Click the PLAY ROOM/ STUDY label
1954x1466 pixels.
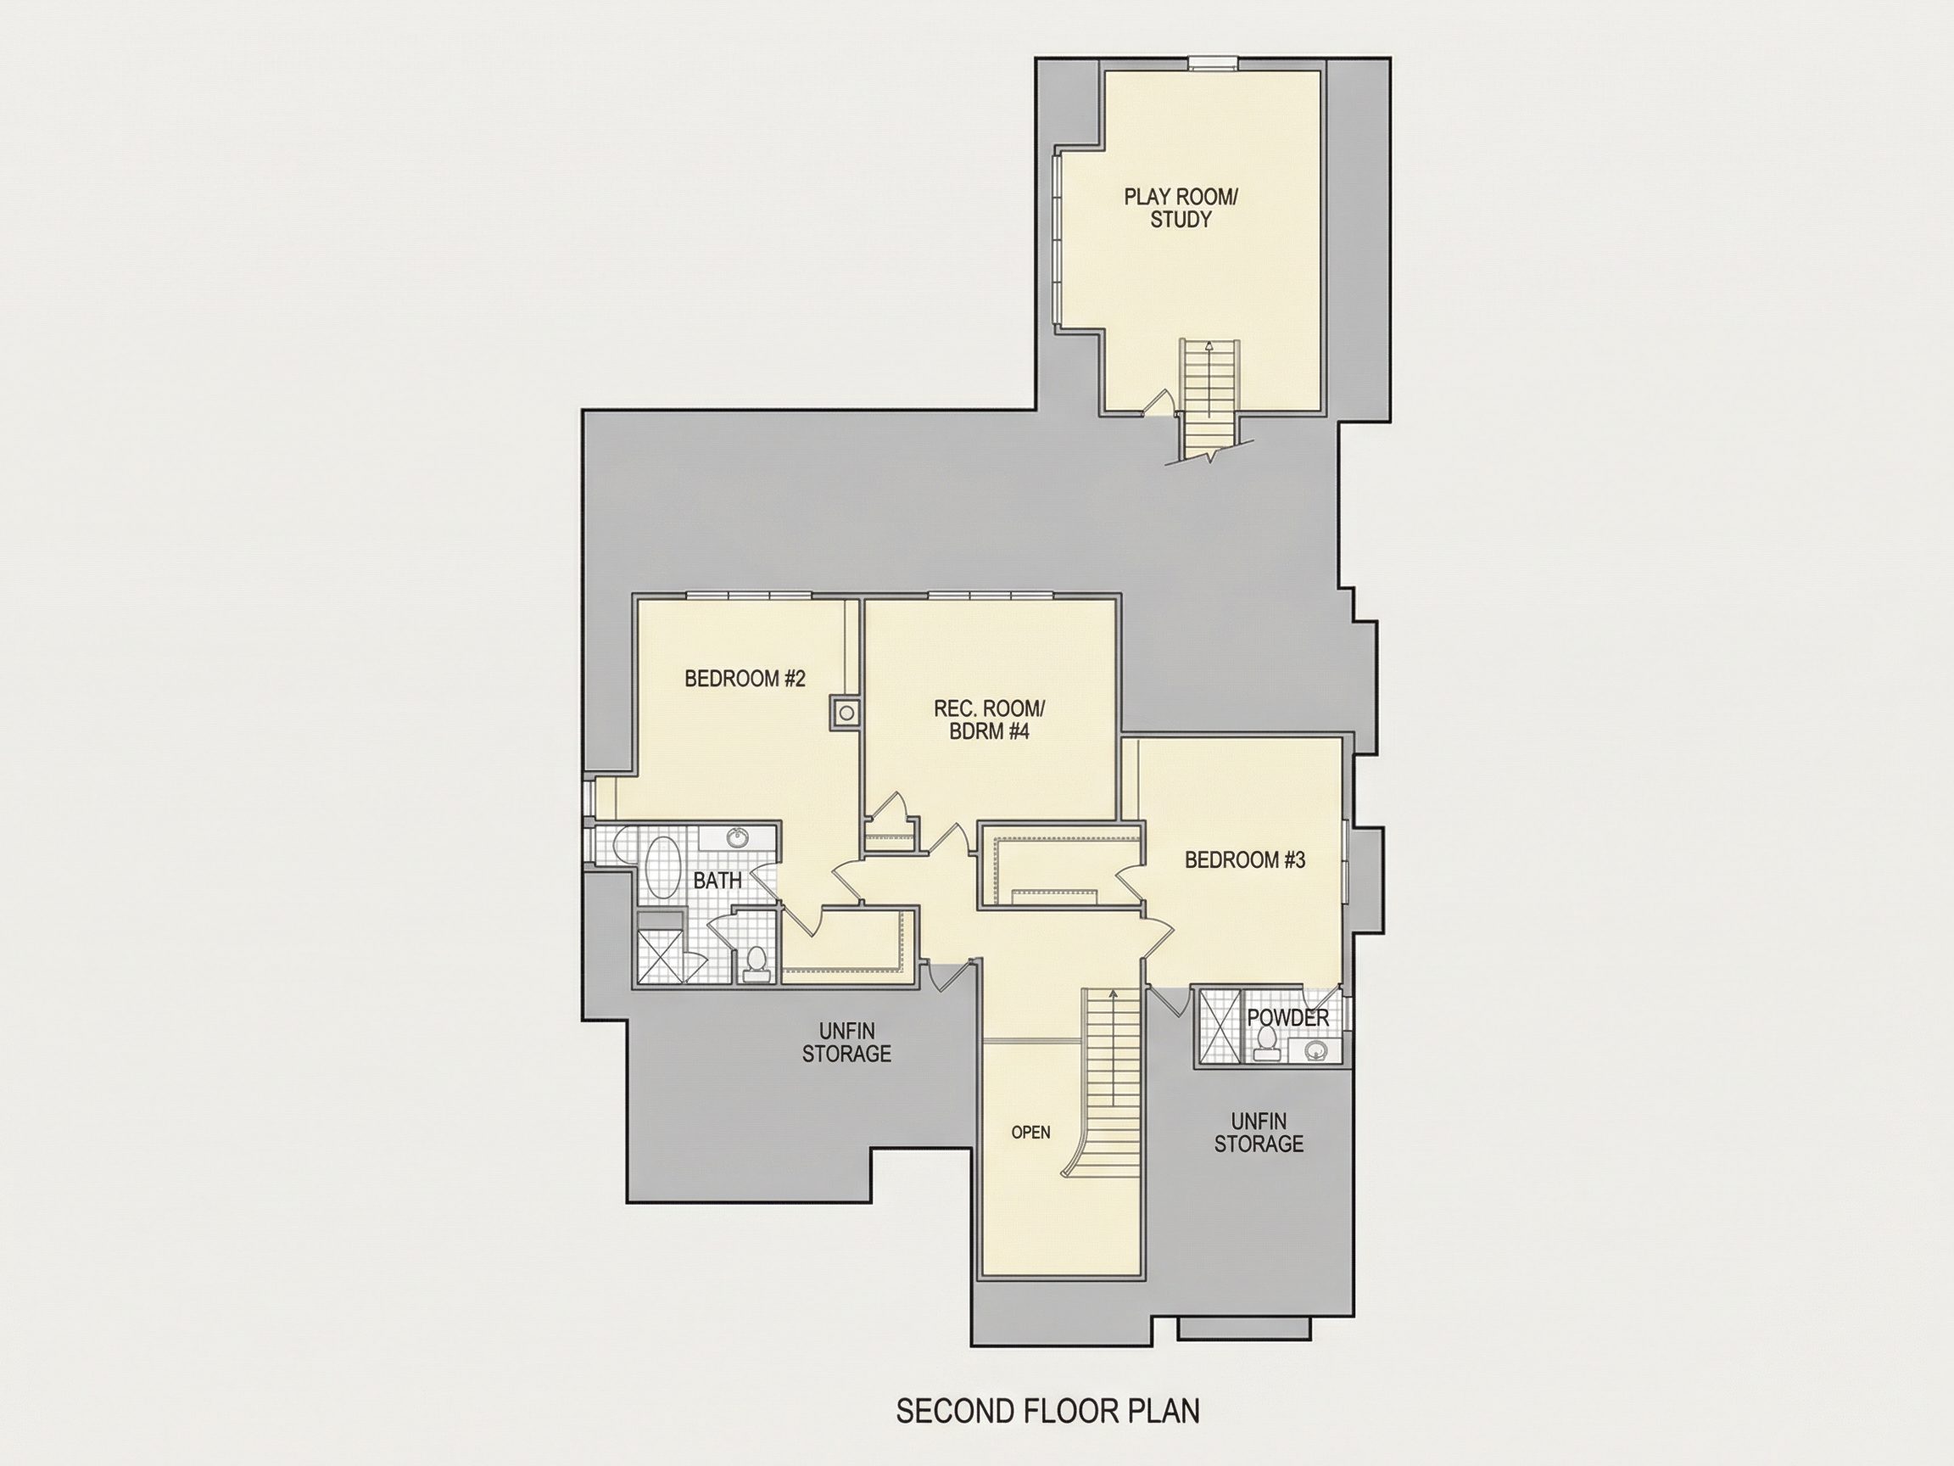pyautogui.click(x=1181, y=208)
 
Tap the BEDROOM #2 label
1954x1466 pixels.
pyautogui.click(x=745, y=679)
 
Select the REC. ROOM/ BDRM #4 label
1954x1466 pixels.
pyautogui.click(x=990, y=720)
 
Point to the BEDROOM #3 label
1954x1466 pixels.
pyautogui.click(x=1244, y=859)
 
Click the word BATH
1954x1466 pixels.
pyautogui.click(x=717, y=880)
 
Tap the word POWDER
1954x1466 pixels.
pyautogui.click(x=1288, y=1017)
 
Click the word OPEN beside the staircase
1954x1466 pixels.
pyautogui.click(x=1031, y=1132)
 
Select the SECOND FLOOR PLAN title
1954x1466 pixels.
pyautogui.click(x=1047, y=1411)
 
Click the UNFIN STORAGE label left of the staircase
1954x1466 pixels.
pyautogui.click(x=846, y=1042)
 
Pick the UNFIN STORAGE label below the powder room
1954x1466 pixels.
pyautogui.click(x=1258, y=1132)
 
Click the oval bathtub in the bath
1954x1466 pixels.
pyautogui.click(x=662, y=870)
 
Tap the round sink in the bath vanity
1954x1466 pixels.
pyautogui.click(x=737, y=837)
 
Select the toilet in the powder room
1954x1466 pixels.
pyautogui.click(x=1265, y=1044)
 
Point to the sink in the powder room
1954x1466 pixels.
pyautogui.click(x=1316, y=1050)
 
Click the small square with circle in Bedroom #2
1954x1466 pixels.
pyautogui.click(x=846, y=710)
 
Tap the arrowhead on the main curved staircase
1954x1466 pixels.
pyautogui.click(x=1112, y=994)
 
